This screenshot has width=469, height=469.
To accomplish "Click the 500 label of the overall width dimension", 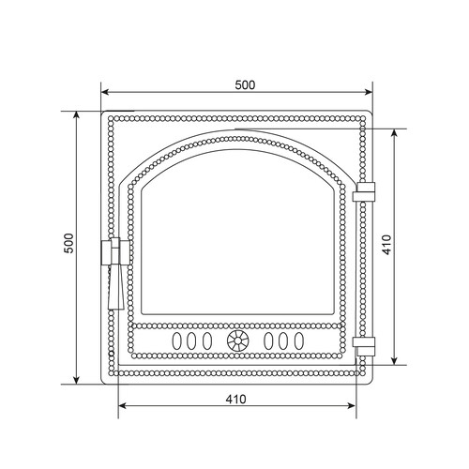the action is point(245,85).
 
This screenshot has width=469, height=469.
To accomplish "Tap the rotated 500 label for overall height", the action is point(68,243).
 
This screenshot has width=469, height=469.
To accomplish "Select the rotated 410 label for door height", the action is point(386,245).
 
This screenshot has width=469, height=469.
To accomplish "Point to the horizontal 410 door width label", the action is point(236,400).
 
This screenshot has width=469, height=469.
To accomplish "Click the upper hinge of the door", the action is point(364,192).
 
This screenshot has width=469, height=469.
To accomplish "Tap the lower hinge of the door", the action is point(364,346).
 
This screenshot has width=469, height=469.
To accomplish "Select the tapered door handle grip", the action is point(116,287).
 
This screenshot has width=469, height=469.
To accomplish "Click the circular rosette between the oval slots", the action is point(237,340).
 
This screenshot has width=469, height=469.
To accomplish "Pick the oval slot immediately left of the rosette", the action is point(207,340).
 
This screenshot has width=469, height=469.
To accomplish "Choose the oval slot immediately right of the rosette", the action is point(268,340).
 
